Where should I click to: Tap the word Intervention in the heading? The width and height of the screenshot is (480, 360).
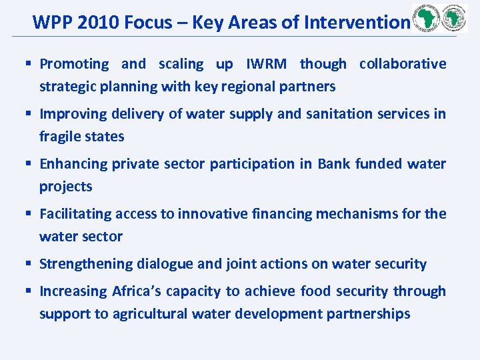point(356,23)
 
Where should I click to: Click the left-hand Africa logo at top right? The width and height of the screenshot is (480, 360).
point(426,19)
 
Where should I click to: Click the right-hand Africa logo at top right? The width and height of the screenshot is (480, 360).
point(454,19)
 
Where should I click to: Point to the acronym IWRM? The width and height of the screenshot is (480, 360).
point(267,64)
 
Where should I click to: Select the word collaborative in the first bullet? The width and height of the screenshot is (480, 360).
point(403,64)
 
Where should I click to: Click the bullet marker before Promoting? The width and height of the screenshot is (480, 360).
point(30,65)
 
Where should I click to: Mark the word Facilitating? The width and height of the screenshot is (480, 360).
point(75,214)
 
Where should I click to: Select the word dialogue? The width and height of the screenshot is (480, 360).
point(165,264)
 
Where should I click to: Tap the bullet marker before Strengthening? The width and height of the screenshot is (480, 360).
point(30,265)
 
